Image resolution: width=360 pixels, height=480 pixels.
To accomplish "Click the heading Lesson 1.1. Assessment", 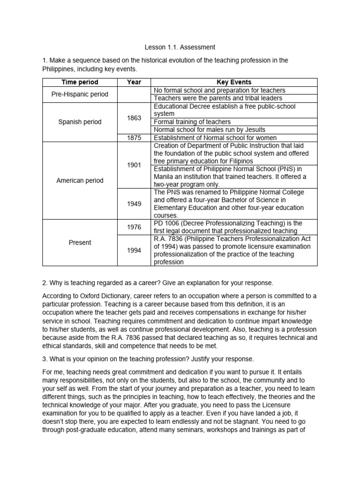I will point(180,47).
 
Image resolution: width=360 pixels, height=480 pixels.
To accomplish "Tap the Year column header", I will point(134,82).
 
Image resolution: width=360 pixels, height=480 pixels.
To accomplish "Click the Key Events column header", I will point(234,82).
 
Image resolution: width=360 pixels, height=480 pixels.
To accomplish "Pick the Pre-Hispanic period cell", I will point(79,94).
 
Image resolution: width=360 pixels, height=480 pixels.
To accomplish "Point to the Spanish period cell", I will point(79,122).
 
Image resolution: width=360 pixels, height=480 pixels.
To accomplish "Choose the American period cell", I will point(79,180).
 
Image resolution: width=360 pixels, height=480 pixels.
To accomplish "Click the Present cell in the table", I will point(79,243).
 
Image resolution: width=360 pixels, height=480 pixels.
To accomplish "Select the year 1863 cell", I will point(134,118).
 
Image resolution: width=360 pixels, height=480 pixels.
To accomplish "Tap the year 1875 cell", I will point(134,138).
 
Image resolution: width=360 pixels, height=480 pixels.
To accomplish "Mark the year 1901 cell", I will point(134,165).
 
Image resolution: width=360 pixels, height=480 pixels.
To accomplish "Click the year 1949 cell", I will point(134,204).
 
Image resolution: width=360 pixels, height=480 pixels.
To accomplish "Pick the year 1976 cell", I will point(134,227).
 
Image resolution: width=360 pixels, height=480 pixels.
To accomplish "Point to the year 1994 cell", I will point(134,250).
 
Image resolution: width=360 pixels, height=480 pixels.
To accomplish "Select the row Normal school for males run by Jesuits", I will point(209,130).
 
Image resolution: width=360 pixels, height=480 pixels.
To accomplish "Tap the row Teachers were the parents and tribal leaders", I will point(217,98).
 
